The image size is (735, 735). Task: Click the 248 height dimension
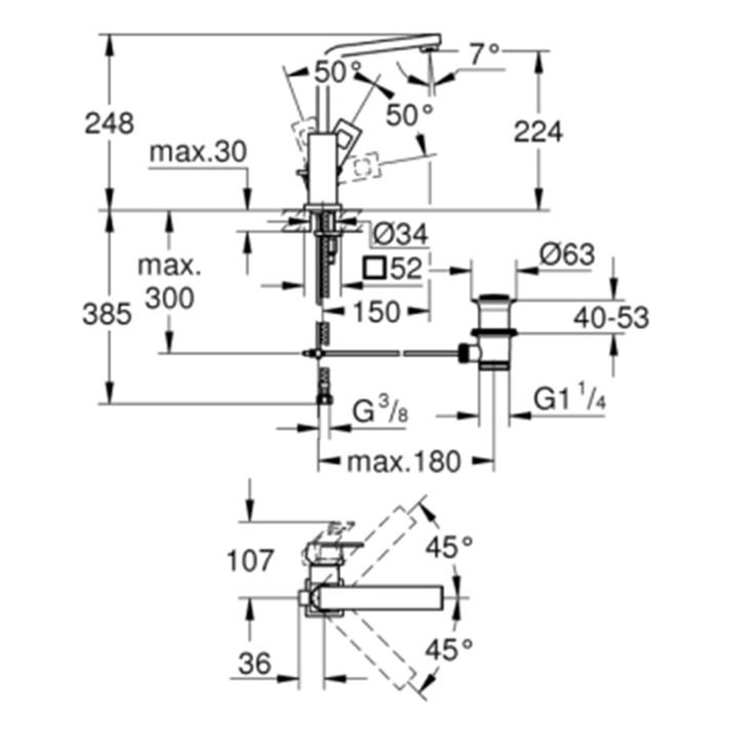(x=109, y=123)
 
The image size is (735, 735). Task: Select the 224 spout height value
(x=538, y=132)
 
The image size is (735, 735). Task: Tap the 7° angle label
(x=484, y=53)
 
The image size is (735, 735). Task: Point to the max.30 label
(x=198, y=153)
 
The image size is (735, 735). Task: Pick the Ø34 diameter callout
(x=400, y=234)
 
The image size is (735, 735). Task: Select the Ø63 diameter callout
(x=567, y=254)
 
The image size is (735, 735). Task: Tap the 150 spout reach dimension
(x=377, y=312)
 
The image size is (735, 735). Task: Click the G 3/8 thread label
(x=379, y=412)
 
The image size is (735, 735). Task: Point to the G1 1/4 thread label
(x=570, y=398)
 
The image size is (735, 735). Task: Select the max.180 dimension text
(x=404, y=462)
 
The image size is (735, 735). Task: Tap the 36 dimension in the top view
(x=255, y=663)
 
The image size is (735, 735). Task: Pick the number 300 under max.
(x=170, y=298)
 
